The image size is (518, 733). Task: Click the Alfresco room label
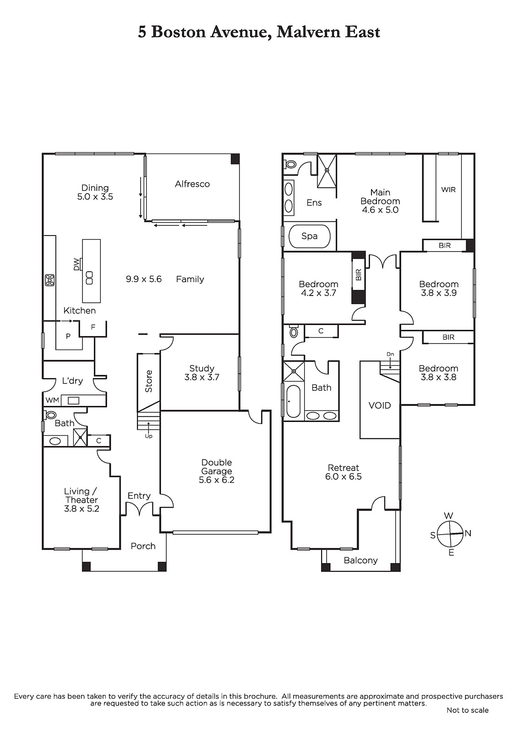point(192,184)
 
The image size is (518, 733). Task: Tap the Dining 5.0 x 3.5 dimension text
point(95,197)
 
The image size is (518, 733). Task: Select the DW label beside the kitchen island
point(76,264)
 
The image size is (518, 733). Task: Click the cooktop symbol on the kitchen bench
point(50,280)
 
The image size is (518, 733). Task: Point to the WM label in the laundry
point(52,400)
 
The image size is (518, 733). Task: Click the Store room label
point(148,381)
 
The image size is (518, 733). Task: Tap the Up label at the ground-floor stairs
point(148,436)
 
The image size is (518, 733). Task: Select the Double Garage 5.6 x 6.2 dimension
point(217,480)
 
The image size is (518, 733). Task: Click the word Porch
point(143,546)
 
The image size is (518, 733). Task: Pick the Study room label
point(202,368)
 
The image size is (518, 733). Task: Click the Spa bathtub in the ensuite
point(310,236)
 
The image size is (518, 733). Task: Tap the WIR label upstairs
point(448,190)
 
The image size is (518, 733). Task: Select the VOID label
point(380,405)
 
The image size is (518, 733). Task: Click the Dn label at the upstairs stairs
point(390,354)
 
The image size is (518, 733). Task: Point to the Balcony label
point(360,561)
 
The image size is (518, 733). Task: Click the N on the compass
point(468,533)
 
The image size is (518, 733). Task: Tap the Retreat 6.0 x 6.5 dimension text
point(343,476)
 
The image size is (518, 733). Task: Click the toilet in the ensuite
point(290,164)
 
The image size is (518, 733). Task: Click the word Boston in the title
point(178,32)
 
